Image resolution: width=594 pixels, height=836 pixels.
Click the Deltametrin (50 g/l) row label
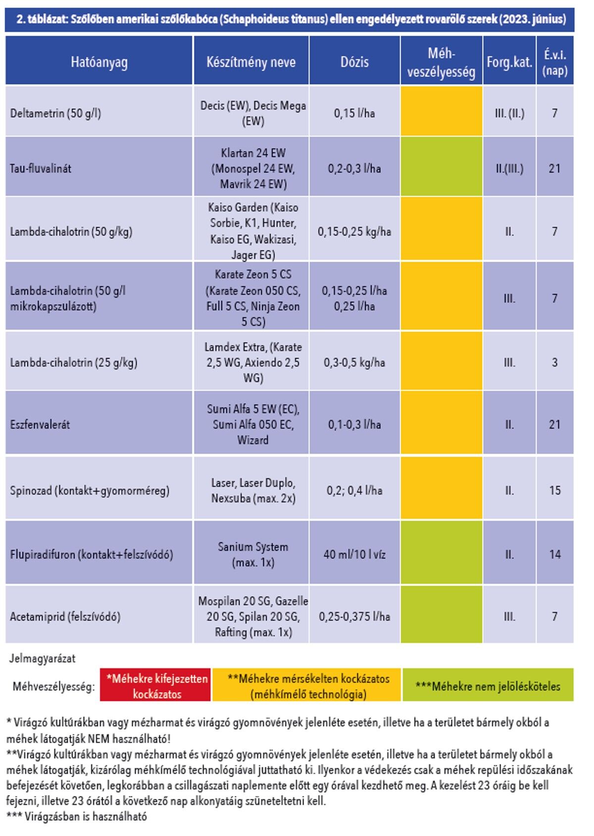[55, 113]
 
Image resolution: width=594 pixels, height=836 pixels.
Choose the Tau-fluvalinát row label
[40, 168]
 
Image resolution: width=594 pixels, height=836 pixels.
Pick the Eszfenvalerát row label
[40, 424]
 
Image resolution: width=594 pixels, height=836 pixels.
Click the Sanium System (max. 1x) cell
[253, 554]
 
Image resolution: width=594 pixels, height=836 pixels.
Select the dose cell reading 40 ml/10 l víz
[354, 554]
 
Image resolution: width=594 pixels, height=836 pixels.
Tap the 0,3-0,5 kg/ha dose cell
[354, 363]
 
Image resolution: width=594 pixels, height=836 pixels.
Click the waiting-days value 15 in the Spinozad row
[555, 490]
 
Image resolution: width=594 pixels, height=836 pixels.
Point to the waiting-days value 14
[555, 554]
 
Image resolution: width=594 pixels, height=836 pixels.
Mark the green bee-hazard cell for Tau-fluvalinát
[442, 166]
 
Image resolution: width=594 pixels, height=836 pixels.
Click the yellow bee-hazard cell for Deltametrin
[442, 111]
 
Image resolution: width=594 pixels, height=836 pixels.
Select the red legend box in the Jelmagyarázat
[155, 686]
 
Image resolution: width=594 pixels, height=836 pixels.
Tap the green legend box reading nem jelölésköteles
[488, 686]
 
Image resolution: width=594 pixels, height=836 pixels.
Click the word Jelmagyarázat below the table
[42, 658]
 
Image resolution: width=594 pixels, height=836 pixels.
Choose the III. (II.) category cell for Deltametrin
[510, 113]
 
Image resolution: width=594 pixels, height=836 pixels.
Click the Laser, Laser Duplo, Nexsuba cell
[253, 490]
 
